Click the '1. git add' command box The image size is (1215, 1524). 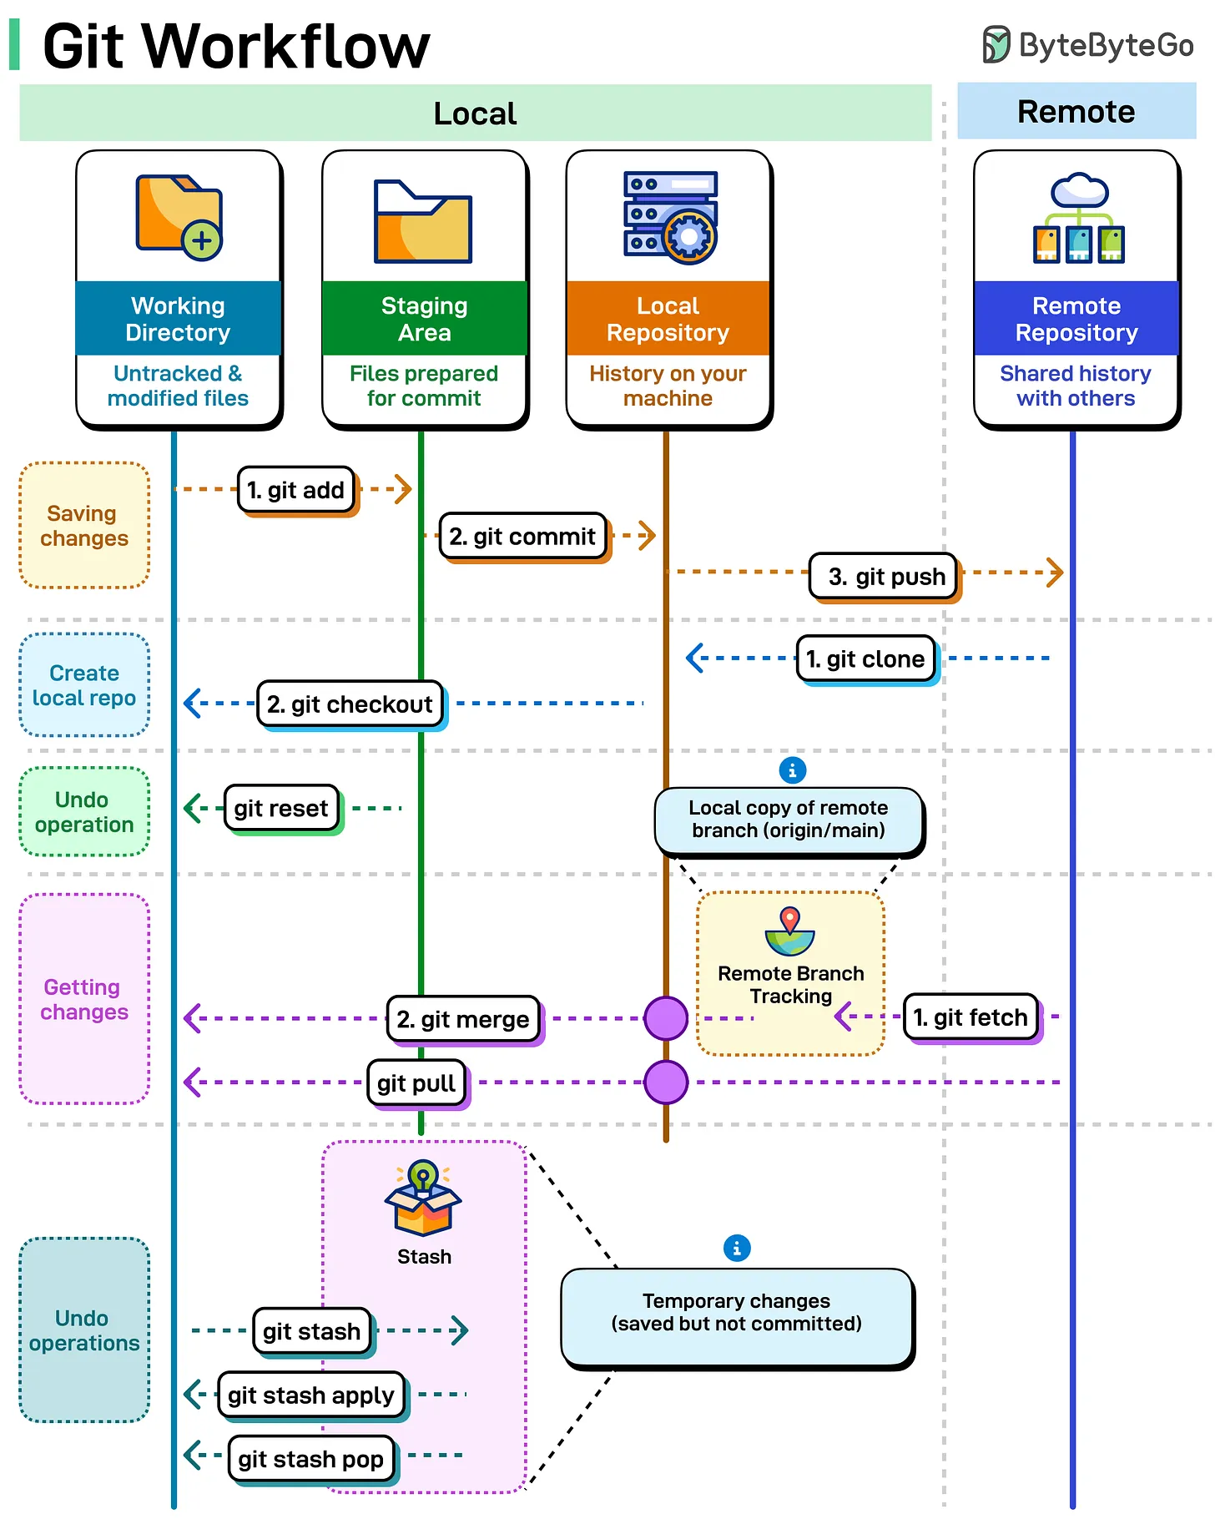(x=296, y=490)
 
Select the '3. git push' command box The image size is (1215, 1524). (x=884, y=577)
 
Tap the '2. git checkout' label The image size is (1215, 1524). (x=350, y=704)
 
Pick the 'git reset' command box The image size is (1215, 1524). (x=281, y=808)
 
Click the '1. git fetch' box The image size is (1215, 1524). (x=970, y=1017)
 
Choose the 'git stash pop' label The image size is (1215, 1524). (x=310, y=1459)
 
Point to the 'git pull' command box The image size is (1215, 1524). (x=416, y=1083)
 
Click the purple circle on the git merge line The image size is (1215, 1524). (x=666, y=1018)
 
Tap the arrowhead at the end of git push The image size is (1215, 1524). (x=1056, y=573)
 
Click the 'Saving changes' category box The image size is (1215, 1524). (x=84, y=526)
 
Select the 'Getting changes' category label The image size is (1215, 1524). (x=84, y=999)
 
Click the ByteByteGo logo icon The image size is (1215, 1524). (x=996, y=44)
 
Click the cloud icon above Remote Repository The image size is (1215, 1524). (x=1080, y=191)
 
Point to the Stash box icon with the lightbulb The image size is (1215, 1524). (x=423, y=1199)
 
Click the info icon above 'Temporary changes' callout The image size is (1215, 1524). (x=737, y=1249)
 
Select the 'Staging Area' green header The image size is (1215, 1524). (x=424, y=319)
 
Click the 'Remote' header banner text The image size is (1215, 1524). (x=1076, y=112)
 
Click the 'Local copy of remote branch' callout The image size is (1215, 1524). (x=789, y=820)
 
